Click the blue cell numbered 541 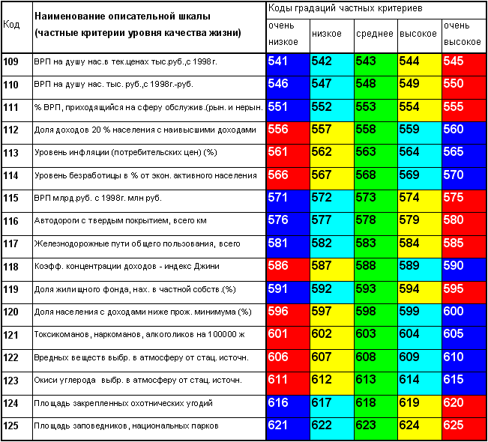click(288, 64)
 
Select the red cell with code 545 click(464, 64)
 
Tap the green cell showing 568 click(376, 178)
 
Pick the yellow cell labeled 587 click(332, 270)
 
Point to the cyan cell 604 click(420, 338)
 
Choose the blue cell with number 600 click(464, 315)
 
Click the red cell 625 click(464, 429)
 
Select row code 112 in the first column click(11, 130)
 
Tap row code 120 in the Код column click(11, 312)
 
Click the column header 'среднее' click(375, 34)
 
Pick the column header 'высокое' click(418, 34)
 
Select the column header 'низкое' click(327, 34)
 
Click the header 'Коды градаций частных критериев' click(345, 8)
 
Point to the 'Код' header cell click(11, 24)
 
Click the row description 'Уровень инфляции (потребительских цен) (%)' click(126, 152)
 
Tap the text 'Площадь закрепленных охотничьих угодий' click(123, 404)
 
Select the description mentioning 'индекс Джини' click(127, 266)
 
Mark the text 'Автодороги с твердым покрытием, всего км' click(120, 221)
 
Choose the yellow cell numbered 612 click(332, 384)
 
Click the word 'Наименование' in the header click(70, 16)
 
